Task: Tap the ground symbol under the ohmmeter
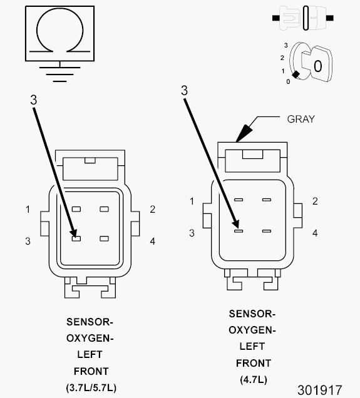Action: coord(60,74)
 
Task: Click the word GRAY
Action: coord(301,119)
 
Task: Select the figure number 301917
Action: coord(320,390)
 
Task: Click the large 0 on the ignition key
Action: coord(317,66)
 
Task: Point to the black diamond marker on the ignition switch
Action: coord(296,74)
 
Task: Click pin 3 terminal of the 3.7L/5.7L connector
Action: coord(76,238)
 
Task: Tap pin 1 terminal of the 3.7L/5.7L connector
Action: coord(76,209)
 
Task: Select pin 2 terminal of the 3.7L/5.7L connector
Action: coord(104,209)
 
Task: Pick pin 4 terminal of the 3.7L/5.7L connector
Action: coord(104,238)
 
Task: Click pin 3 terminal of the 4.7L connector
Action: coord(239,231)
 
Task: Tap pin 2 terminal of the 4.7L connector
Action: coord(266,200)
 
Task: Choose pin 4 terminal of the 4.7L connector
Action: coord(266,231)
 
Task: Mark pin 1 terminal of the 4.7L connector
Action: coord(239,200)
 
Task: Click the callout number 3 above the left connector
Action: coord(34,100)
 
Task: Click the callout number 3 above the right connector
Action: coord(184,90)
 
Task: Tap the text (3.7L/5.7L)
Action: coord(91,388)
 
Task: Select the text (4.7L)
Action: coord(254,380)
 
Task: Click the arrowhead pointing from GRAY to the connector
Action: coord(243,133)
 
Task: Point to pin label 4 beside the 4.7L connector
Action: coord(315,233)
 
